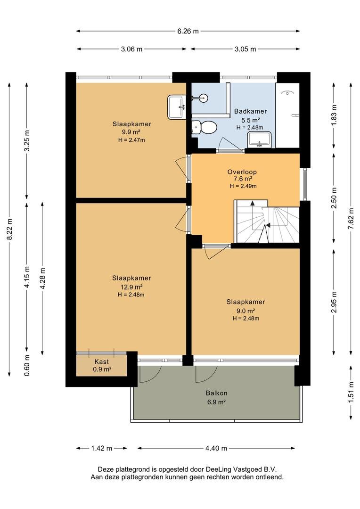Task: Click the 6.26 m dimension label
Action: click(188, 32)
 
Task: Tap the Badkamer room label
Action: click(250, 111)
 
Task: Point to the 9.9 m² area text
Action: click(131, 132)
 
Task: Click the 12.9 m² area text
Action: click(131, 287)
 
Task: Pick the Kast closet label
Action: click(102, 361)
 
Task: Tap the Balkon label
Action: click(217, 393)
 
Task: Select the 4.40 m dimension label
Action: click(216, 448)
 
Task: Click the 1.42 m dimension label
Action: click(102, 448)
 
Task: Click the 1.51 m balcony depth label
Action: click(351, 393)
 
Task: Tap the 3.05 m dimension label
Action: click(245, 49)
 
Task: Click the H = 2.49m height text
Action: click(243, 186)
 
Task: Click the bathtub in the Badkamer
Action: click(287, 115)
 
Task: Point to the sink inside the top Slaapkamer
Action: click(177, 107)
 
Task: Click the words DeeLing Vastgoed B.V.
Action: click(241, 469)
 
